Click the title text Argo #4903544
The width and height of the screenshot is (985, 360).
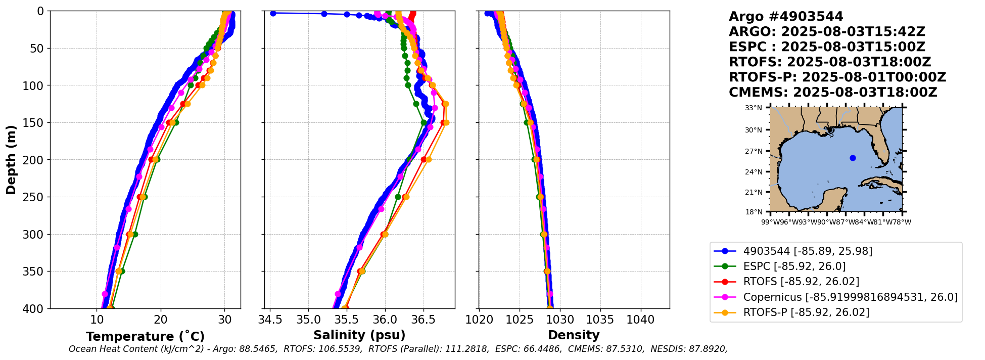(x=786, y=17)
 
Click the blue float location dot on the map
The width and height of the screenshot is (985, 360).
(x=853, y=158)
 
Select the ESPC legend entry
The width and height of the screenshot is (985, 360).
(x=794, y=266)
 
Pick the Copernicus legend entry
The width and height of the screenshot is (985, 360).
(x=850, y=297)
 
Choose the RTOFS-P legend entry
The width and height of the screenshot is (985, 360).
(x=806, y=312)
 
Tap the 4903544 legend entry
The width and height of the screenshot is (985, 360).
(x=808, y=251)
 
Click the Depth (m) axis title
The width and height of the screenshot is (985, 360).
(x=11, y=160)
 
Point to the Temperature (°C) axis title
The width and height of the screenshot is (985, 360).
(x=145, y=337)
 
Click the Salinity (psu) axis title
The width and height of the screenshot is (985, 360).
(x=359, y=335)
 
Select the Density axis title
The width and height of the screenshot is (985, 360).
(x=574, y=335)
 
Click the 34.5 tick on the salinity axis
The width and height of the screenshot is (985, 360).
(x=270, y=320)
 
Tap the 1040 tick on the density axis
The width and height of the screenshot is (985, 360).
(x=641, y=320)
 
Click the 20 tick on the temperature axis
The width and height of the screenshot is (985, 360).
(x=161, y=320)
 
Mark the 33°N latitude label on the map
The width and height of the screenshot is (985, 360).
(x=754, y=108)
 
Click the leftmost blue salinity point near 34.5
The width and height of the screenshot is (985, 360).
(x=273, y=14)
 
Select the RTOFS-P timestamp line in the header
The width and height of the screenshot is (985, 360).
(x=837, y=77)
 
